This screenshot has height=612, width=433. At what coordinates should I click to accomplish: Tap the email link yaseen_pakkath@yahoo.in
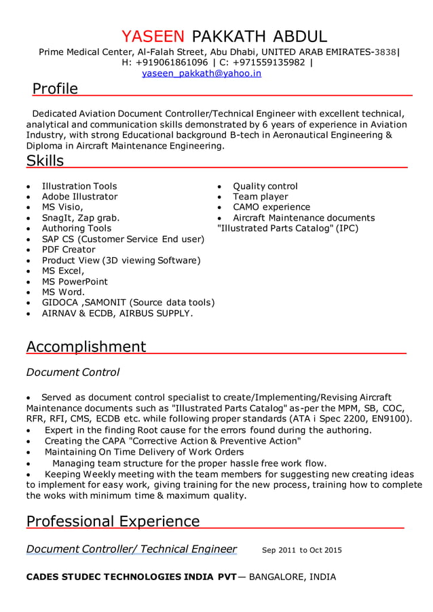point(202,73)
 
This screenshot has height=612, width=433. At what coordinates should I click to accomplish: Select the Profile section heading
point(55,89)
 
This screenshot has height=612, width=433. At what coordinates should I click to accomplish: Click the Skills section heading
point(45,161)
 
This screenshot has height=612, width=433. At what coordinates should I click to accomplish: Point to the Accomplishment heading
point(86,347)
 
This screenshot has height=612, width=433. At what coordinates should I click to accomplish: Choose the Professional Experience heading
point(113,521)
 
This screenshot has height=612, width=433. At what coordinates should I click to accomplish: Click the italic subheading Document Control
point(73,372)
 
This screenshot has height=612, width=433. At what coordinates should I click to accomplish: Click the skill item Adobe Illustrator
point(79,197)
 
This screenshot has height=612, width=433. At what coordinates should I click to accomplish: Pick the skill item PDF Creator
point(69,250)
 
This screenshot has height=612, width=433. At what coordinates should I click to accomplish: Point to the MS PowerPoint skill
point(75,282)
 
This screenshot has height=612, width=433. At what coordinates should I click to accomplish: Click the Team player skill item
point(261,197)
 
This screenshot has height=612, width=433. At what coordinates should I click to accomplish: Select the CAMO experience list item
point(271,207)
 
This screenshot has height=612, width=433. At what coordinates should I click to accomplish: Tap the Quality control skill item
point(265,186)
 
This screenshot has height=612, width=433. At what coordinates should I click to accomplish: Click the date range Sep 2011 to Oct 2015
point(301,550)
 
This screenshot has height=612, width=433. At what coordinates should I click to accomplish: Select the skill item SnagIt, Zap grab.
point(81,218)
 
